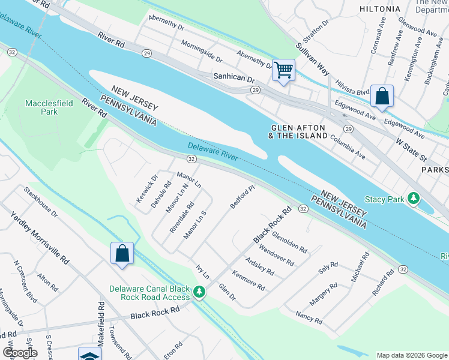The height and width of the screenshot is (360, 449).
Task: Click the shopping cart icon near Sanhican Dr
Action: [x=283, y=70]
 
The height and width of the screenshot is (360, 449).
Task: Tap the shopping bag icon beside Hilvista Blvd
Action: [x=382, y=95]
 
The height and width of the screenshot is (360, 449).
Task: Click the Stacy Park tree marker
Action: [x=413, y=198]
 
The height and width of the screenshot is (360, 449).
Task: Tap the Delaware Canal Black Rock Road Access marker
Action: [x=199, y=293]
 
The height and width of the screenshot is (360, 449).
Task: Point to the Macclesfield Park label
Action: [x=49, y=107]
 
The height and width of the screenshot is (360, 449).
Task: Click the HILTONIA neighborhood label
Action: [x=379, y=9]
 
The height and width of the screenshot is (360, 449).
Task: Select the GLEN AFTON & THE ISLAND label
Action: [x=299, y=131]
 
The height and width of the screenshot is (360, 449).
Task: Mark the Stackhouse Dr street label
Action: [x=41, y=202]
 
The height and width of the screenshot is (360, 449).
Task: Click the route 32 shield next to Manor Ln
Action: [x=191, y=159]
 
